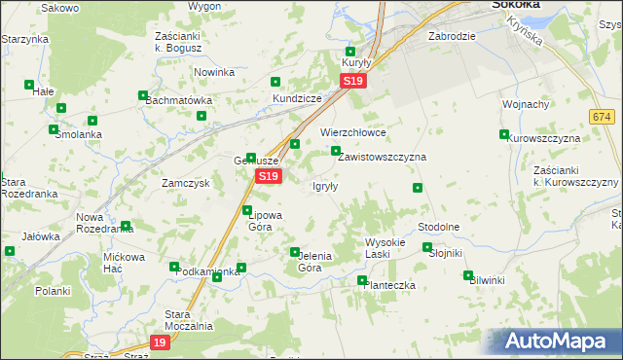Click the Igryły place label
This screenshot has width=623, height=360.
click(325, 187)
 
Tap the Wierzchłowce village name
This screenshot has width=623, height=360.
click(353, 132)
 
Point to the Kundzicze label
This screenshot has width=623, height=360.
click(296, 99)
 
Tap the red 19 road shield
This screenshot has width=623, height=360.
click(161, 342)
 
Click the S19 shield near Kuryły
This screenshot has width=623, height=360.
click(354, 83)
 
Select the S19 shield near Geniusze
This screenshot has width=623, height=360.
click(269, 176)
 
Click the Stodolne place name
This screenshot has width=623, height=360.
click(438, 227)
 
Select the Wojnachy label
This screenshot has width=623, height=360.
click(527, 104)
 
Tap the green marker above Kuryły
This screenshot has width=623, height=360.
click(350, 52)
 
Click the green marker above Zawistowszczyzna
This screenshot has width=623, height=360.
click(336, 151)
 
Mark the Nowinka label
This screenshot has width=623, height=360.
click(214, 72)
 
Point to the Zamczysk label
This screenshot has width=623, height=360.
click(186, 183)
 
